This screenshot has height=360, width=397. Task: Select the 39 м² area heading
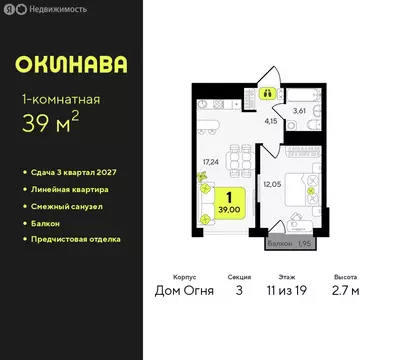tap(58, 122)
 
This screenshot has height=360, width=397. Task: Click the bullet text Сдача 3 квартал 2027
tap(76, 172)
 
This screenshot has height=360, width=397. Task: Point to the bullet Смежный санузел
tap(67, 206)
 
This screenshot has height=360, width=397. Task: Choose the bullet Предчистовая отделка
tap(77, 239)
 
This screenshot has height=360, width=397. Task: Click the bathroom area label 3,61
tap(297, 113)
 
